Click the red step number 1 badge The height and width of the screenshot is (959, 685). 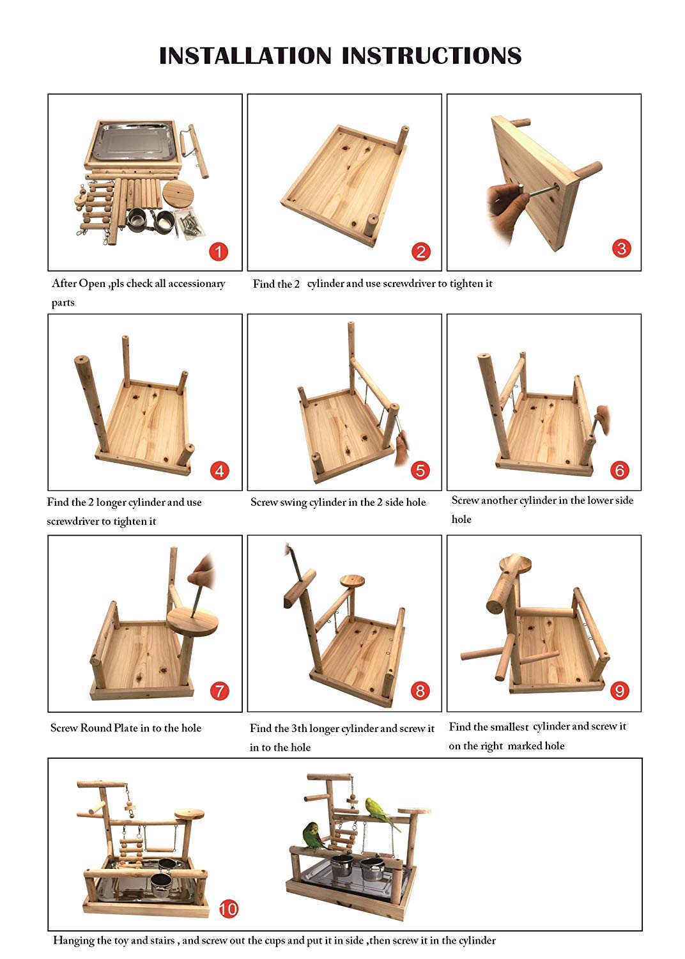pyautogui.click(x=218, y=252)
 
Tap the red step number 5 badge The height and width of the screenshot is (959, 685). pyautogui.click(x=420, y=470)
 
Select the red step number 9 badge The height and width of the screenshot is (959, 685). pyautogui.click(x=620, y=690)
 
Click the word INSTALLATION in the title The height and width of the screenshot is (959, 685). pyautogui.click(x=245, y=56)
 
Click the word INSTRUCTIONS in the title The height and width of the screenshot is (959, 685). pyautogui.click(x=432, y=56)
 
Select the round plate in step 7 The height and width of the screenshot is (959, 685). pyautogui.click(x=192, y=621)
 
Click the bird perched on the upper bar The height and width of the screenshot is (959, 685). pyautogui.click(x=381, y=812)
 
